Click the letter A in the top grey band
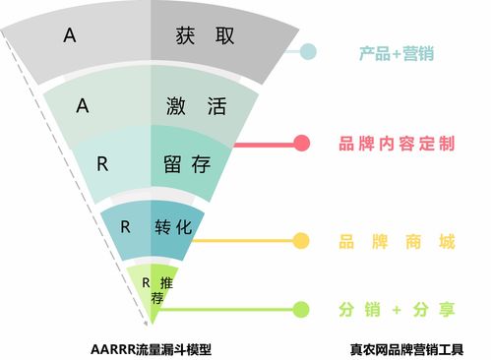69,35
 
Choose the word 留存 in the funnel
187,163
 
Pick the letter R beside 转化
125,225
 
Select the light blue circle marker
308,52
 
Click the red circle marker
301,144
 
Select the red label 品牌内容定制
396,144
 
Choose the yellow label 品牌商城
396,239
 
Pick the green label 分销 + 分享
396,310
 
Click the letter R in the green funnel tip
147,283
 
